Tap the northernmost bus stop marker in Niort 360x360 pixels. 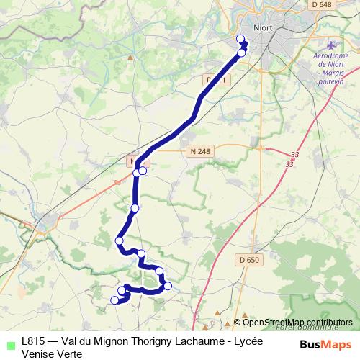pos(240,39)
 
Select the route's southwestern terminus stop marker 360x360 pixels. pos(114,300)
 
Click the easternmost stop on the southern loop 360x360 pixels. pos(168,286)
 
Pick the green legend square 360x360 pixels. pos(9,343)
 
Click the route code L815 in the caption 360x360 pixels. pos(35,341)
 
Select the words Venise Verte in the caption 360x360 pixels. pos(52,354)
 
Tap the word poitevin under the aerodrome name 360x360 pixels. pos(332,81)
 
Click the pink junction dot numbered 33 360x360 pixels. pos(295,156)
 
